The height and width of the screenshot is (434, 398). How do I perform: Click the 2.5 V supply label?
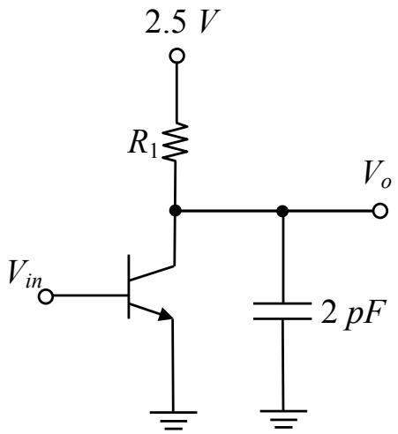click(183, 21)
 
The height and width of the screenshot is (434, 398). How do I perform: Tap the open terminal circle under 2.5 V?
click(177, 56)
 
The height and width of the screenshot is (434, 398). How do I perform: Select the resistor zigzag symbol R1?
click(176, 142)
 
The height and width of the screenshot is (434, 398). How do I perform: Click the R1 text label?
click(142, 146)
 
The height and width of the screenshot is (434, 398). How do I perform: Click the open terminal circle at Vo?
click(380, 211)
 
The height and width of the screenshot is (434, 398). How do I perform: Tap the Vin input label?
click(25, 273)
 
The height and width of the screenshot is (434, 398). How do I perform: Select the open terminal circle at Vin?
click(46, 296)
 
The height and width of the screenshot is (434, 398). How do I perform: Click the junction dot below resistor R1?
click(176, 211)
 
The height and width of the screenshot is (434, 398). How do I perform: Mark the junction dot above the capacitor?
click(282, 211)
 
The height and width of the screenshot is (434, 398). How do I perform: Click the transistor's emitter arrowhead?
click(165, 314)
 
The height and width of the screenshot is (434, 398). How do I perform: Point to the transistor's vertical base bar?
click(129, 287)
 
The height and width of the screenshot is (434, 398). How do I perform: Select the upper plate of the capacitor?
click(282, 303)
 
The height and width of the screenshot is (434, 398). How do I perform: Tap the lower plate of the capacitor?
click(282, 318)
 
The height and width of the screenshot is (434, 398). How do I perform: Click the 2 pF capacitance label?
click(353, 316)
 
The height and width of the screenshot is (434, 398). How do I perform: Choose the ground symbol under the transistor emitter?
click(173, 421)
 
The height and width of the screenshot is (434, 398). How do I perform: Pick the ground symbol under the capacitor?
click(283, 420)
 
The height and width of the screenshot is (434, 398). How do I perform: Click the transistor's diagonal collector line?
click(152, 273)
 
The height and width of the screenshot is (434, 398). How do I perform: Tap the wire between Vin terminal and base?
click(90, 296)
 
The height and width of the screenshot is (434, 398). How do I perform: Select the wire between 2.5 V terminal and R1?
click(177, 93)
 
